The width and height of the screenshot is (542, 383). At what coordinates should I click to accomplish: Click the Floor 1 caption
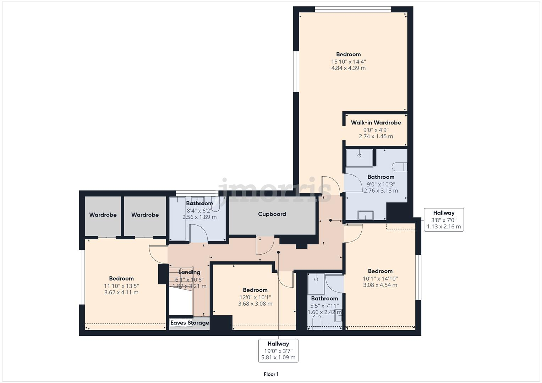point(271,374)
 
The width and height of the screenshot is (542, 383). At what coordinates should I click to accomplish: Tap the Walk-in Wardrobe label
point(376,123)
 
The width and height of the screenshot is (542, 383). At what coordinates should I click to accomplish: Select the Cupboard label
point(272,214)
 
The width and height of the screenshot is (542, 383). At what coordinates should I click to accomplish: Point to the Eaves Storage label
point(190,323)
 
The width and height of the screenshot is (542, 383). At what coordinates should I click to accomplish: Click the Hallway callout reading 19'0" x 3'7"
point(278,350)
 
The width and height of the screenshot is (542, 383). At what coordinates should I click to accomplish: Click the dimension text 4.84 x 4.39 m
point(348,68)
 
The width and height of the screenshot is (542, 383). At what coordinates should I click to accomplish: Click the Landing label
point(189,272)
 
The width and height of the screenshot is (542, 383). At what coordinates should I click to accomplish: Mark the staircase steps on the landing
point(180,280)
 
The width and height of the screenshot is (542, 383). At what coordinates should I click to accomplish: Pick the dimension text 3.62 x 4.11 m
point(121,293)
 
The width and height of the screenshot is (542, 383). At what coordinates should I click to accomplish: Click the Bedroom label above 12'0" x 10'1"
point(255,290)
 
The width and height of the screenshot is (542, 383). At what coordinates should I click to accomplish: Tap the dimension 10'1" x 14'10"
point(380,278)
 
